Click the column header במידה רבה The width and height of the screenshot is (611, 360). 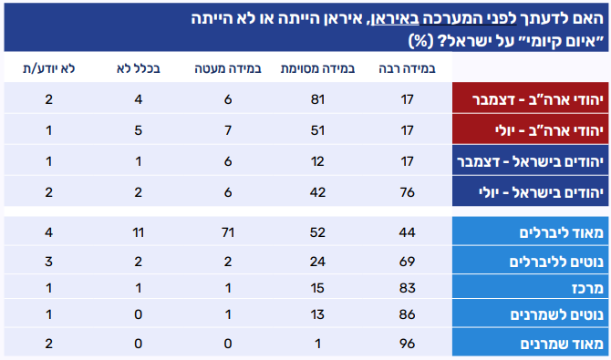(x=407, y=68)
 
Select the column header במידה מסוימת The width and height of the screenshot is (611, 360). (x=317, y=68)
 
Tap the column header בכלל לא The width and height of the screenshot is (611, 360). (x=138, y=68)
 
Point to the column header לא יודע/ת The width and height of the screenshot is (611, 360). (x=48, y=68)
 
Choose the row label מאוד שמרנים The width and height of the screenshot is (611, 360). (x=562, y=344)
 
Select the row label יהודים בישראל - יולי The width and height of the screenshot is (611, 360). (x=541, y=192)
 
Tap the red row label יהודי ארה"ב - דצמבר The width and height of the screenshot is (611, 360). (x=538, y=99)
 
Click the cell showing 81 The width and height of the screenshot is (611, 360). (x=317, y=99)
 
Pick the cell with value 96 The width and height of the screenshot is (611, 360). (x=407, y=344)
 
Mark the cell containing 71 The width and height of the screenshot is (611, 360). (x=228, y=232)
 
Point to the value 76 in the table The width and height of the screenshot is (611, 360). (x=407, y=192)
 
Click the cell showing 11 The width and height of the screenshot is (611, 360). (x=138, y=232)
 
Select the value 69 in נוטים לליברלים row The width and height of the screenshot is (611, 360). (x=407, y=261)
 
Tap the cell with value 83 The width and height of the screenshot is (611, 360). (x=407, y=288)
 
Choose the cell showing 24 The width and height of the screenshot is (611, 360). (x=317, y=261)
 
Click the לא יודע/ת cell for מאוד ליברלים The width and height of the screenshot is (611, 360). (x=48, y=232)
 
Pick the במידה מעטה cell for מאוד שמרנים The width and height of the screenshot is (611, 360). (x=228, y=344)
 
